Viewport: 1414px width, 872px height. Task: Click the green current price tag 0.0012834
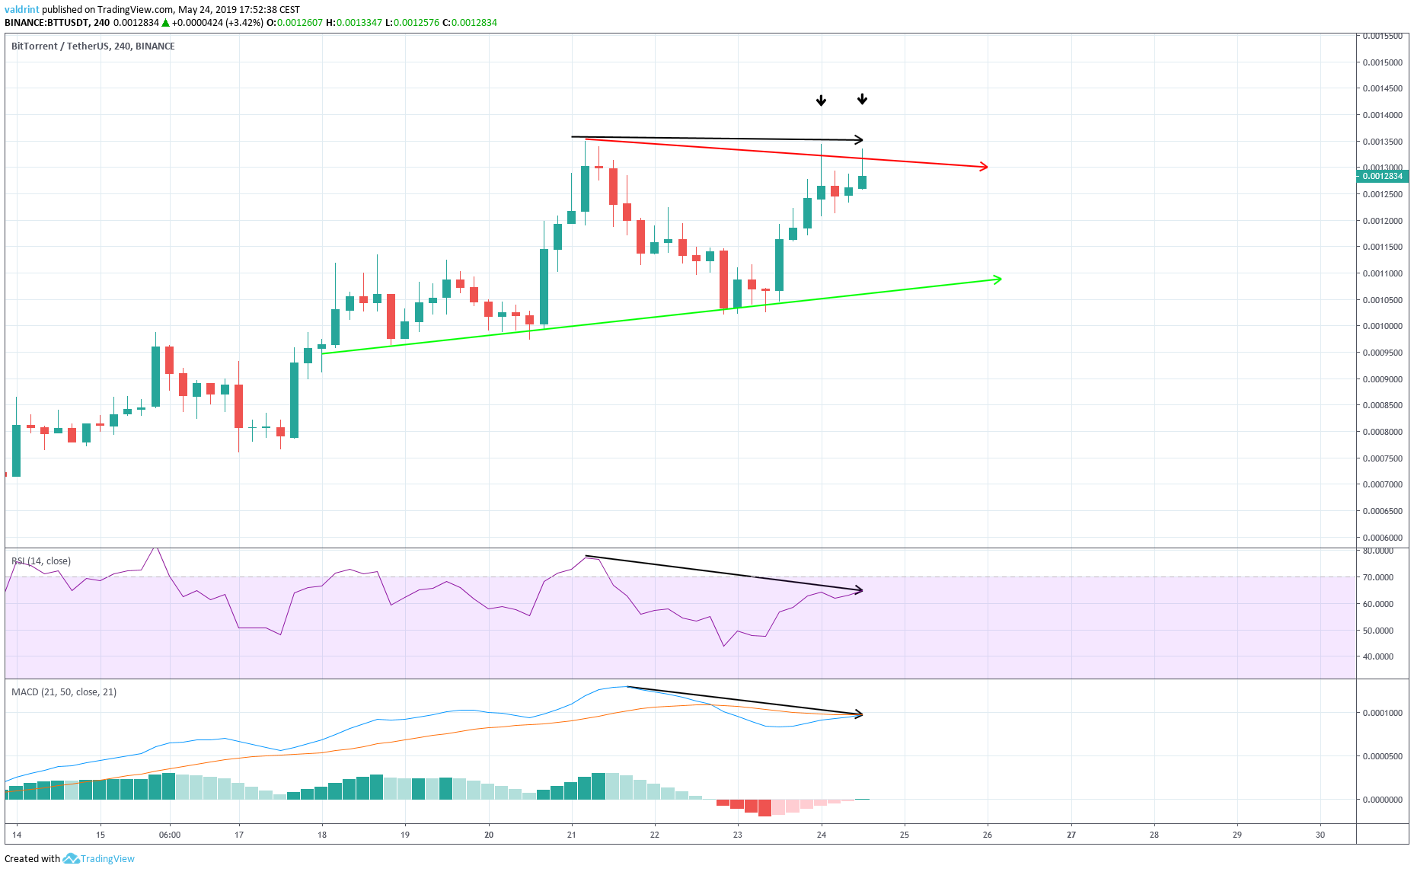[x=1382, y=176]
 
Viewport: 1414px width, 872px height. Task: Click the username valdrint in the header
[x=21, y=10]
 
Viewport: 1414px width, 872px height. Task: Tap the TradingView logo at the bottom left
[x=100, y=858]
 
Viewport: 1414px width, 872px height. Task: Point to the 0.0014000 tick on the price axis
[x=1382, y=115]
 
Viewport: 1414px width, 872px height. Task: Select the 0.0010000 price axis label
[x=1382, y=326]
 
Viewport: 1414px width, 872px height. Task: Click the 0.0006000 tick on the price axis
[x=1382, y=537]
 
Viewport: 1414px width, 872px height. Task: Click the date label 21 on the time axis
[x=572, y=835]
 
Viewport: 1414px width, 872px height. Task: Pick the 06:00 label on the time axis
[x=170, y=835]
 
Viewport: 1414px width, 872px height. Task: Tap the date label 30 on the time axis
[x=1320, y=835]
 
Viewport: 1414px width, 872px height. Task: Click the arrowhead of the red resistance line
[x=985, y=167]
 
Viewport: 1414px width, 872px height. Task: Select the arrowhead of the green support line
[x=997, y=279]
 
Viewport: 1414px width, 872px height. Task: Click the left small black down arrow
[x=821, y=101]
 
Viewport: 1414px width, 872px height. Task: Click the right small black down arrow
[x=862, y=99]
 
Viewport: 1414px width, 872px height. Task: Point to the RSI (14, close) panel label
[x=41, y=561]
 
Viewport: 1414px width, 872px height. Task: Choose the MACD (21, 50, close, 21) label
[x=64, y=692]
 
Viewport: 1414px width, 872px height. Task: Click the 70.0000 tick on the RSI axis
[x=1378, y=577]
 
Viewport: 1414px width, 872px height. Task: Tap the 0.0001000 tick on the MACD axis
[x=1382, y=713]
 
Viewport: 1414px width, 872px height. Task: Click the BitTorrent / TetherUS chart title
[x=93, y=46]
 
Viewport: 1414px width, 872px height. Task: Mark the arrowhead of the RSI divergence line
[x=860, y=590]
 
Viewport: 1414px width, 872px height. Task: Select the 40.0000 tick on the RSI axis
[x=1378, y=656]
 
